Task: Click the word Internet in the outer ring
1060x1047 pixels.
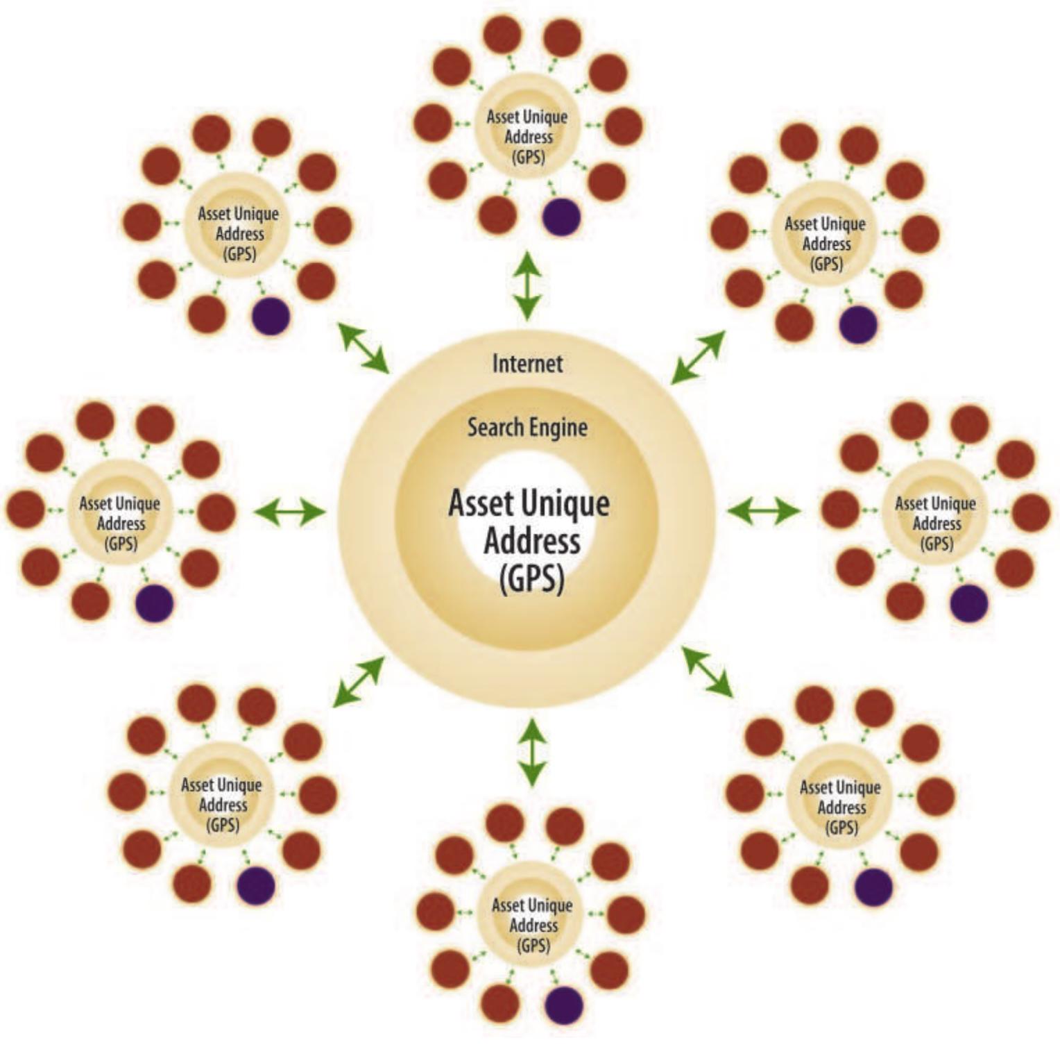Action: pyautogui.click(x=527, y=363)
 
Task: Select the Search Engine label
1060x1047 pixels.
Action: pyautogui.click(x=527, y=427)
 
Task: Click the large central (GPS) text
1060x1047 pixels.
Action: pyautogui.click(x=531, y=577)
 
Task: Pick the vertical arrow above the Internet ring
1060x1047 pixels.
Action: pyautogui.click(x=527, y=285)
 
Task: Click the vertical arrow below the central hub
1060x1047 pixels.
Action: pyautogui.click(x=531, y=753)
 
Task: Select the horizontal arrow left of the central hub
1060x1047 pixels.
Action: pyautogui.click(x=289, y=512)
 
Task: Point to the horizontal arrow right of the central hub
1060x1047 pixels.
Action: pyautogui.click(x=763, y=511)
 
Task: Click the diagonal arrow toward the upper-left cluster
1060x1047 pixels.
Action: pyautogui.click(x=364, y=348)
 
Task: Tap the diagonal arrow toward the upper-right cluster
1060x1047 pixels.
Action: pyautogui.click(x=698, y=357)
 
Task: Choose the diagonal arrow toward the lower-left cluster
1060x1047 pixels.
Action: pyautogui.click(x=358, y=682)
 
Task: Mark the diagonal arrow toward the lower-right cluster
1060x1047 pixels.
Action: pyautogui.click(x=708, y=671)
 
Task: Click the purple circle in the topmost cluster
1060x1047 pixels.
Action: pyautogui.click(x=561, y=217)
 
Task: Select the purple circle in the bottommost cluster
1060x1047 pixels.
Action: pyautogui.click(x=563, y=1005)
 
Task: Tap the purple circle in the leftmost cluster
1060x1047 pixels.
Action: pyautogui.click(x=154, y=603)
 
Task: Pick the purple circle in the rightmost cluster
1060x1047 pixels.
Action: pyautogui.click(x=968, y=603)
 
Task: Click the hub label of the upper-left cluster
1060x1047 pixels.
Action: pyautogui.click(x=239, y=233)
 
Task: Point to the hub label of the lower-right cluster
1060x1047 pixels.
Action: pyautogui.click(x=840, y=807)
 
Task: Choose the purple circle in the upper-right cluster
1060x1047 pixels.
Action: pyautogui.click(x=858, y=324)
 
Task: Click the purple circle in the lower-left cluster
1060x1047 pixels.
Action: pyautogui.click(x=256, y=885)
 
